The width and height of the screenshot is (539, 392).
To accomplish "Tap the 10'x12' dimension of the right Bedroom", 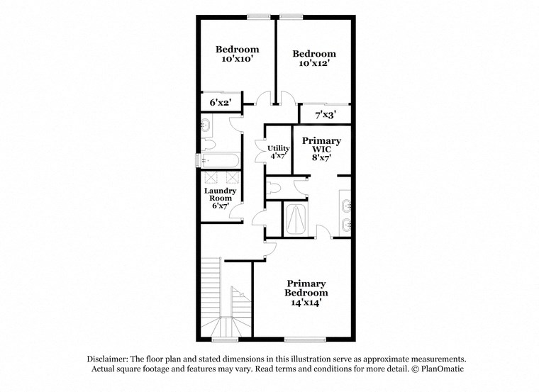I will (x=313, y=64).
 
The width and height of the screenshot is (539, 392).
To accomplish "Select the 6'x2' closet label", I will (x=221, y=103).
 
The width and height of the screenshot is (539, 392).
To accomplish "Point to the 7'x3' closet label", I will (x=325, y=113).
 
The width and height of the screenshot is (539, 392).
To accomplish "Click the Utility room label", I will (x=277, y=148).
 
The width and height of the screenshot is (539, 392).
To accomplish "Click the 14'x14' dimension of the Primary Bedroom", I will (x=306, y=303).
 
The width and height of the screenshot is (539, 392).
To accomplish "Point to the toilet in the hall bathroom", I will (x=209, y=145).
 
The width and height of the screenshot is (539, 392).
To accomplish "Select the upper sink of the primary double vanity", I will (x=345, y=206).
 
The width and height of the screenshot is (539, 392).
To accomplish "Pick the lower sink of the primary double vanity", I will (x=345, y=226).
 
